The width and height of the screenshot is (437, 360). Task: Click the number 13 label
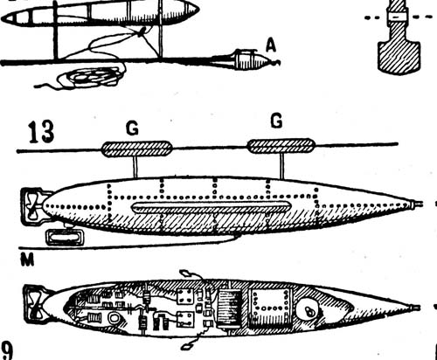point(41,132)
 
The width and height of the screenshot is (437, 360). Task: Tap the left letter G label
point(132,129)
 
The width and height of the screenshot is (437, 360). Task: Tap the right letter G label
point(276,121)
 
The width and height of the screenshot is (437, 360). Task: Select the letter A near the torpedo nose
point(271,46)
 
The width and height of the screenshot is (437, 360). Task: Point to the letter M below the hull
point(27,260)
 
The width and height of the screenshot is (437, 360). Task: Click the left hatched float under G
point(136,149)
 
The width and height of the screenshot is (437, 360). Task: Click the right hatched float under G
point(281,146)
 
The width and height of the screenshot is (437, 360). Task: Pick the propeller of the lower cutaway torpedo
point(36,305)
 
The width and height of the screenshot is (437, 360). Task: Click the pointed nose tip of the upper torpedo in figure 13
point(421,204)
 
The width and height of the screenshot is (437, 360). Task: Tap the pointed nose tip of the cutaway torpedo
point(419,308)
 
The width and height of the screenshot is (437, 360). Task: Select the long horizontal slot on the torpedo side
point(212,207)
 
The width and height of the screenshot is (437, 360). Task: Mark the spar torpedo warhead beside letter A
point(253,60)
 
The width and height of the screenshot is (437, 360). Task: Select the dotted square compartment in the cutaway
point(270,308)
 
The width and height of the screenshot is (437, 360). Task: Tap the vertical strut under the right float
point(281,166)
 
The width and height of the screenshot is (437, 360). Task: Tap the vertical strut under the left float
point(135,167)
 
